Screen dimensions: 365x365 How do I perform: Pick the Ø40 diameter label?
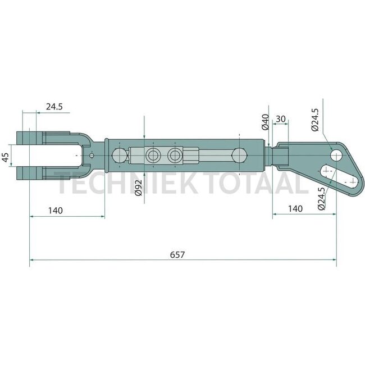(266, 121)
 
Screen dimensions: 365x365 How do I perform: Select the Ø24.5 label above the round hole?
(314, 119)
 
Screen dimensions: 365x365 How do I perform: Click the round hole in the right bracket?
(337, 153)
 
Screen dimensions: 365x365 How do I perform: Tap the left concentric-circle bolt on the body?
(152, 155)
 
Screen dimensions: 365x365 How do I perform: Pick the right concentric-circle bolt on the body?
(175, 155)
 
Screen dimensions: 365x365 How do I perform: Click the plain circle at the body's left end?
(118, 155)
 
